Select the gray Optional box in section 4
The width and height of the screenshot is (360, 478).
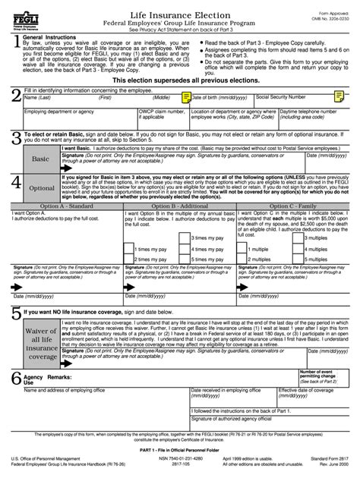[42, 187]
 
